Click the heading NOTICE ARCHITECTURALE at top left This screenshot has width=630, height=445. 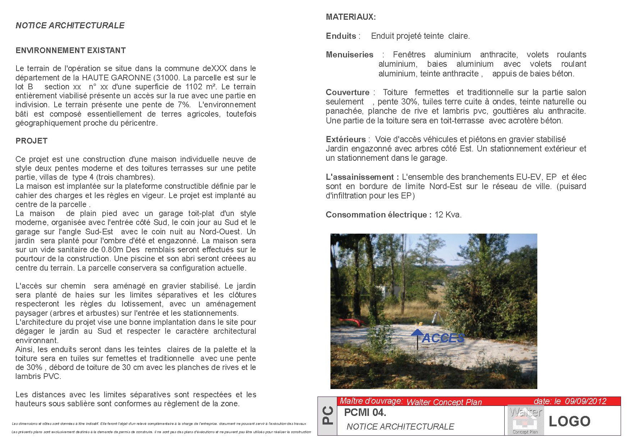70,25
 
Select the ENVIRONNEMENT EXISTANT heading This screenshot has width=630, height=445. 70,51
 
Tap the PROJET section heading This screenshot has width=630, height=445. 32,141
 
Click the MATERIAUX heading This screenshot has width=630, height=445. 351,17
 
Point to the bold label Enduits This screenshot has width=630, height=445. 341,36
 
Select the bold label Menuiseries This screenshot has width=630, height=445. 349,55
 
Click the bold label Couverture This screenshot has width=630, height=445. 347,92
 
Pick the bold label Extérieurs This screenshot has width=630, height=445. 345,139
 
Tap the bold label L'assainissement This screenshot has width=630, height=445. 362,177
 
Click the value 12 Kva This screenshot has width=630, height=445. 448,215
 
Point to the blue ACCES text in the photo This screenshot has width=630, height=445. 443,338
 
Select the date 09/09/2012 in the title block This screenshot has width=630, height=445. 585,401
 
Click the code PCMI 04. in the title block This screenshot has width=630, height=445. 365,413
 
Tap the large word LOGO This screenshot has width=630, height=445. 569,421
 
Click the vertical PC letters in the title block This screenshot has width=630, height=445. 328,416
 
